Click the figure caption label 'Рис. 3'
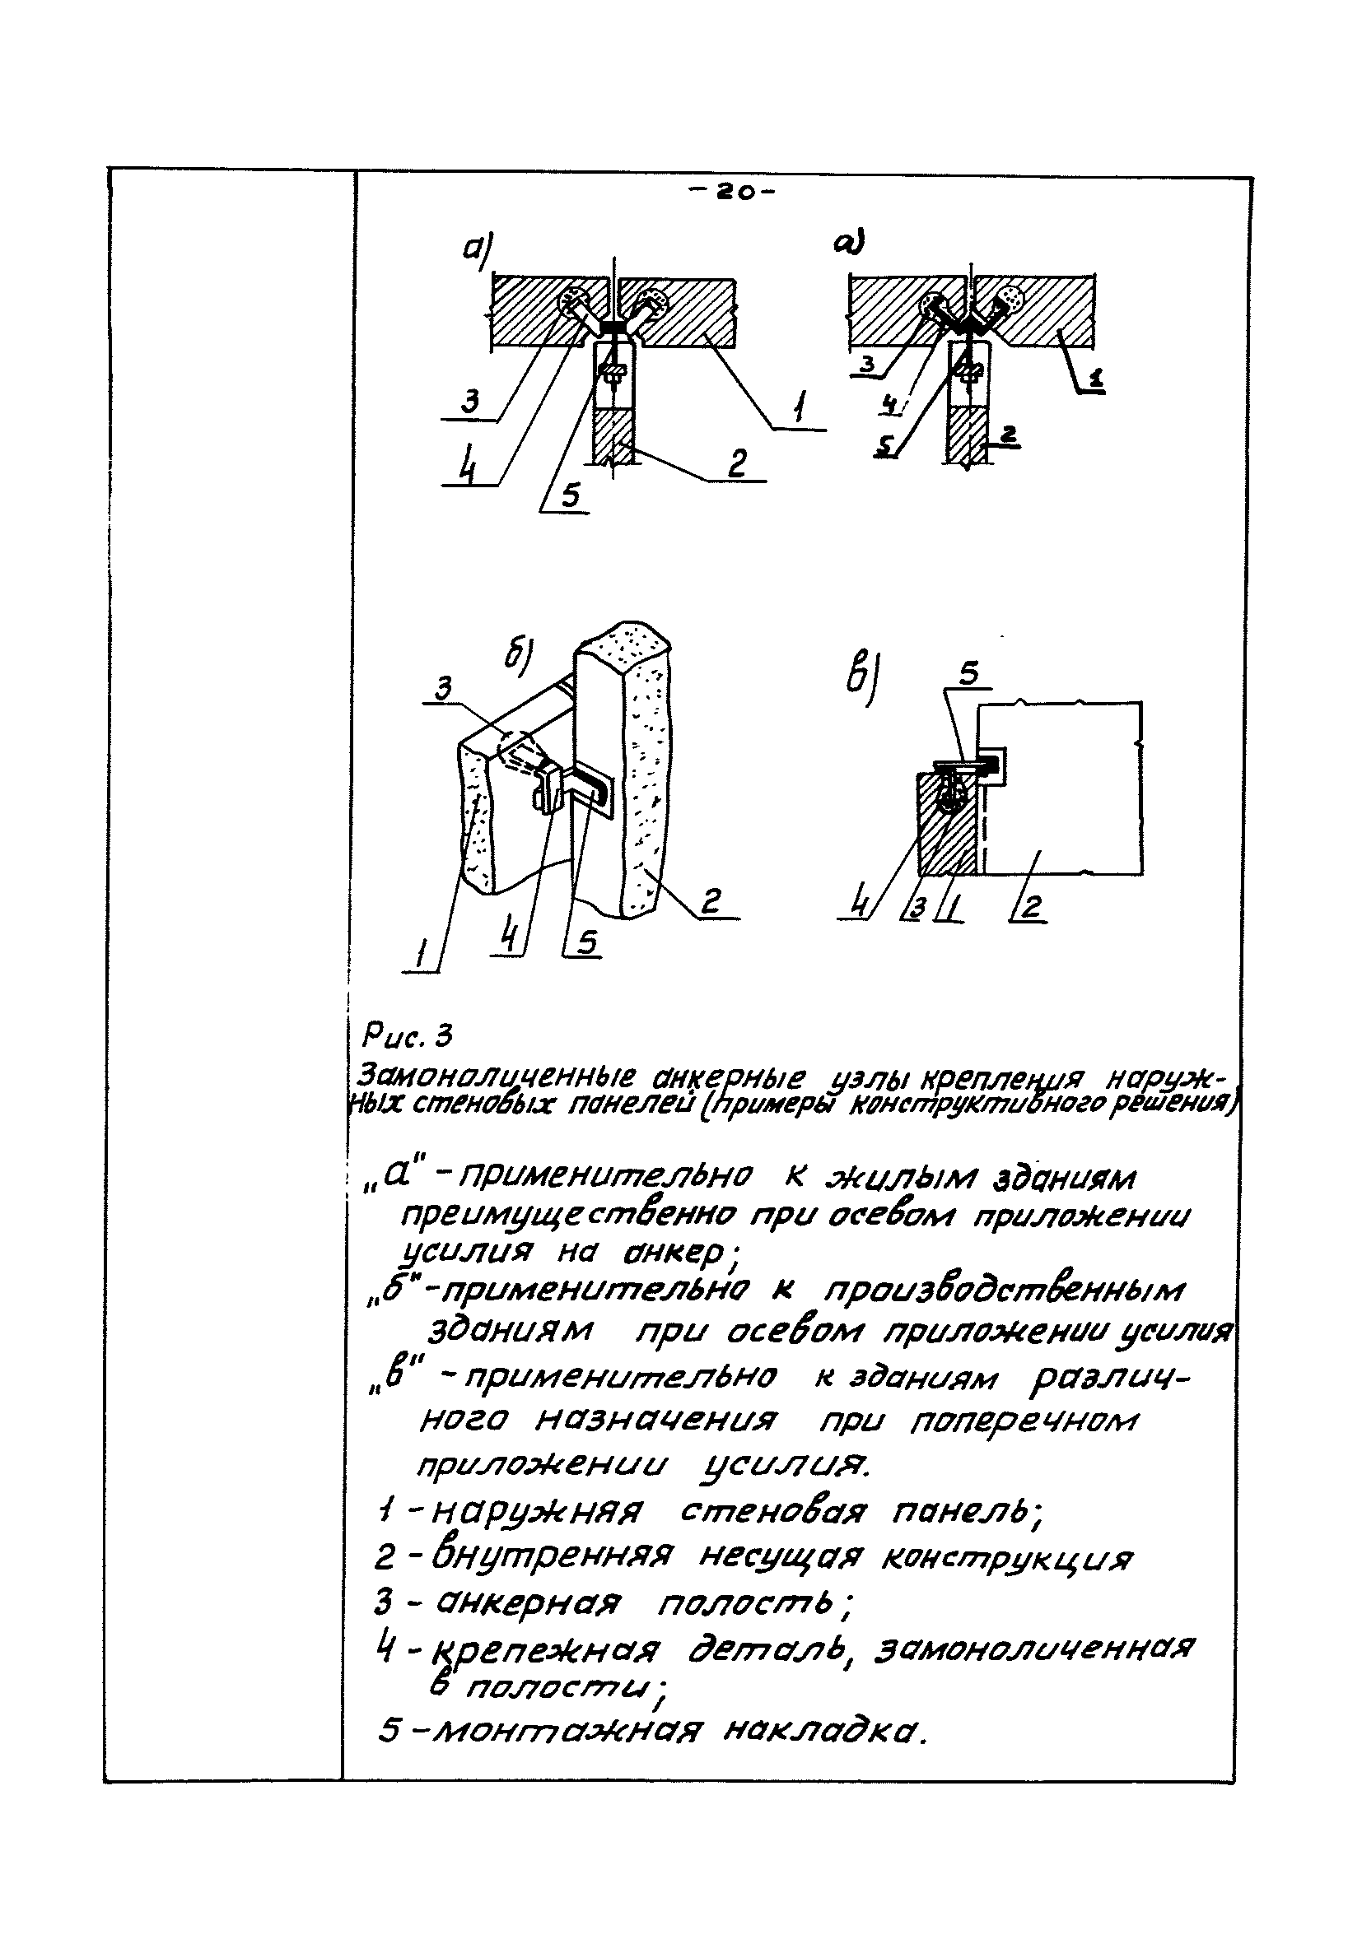pyautogui.click(x=408, y=1035)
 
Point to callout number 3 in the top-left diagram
pyautogui.click(x=470, y=400)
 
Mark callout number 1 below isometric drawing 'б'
pyautogui.click(x=421, y=956)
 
